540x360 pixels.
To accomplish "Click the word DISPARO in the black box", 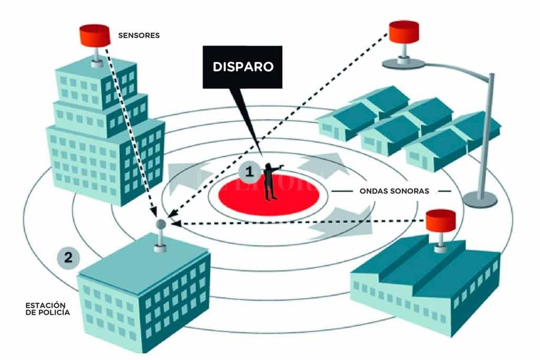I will (x=242, y=66).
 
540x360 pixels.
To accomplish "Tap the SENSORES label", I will (x=138, y=35).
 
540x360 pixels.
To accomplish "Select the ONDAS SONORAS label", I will (x=394, y=191).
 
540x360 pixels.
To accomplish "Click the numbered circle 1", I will (x=249, y=169).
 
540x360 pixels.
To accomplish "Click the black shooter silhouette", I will (x=271, y=180).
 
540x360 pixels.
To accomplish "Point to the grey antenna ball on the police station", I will (x=160, y=223).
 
